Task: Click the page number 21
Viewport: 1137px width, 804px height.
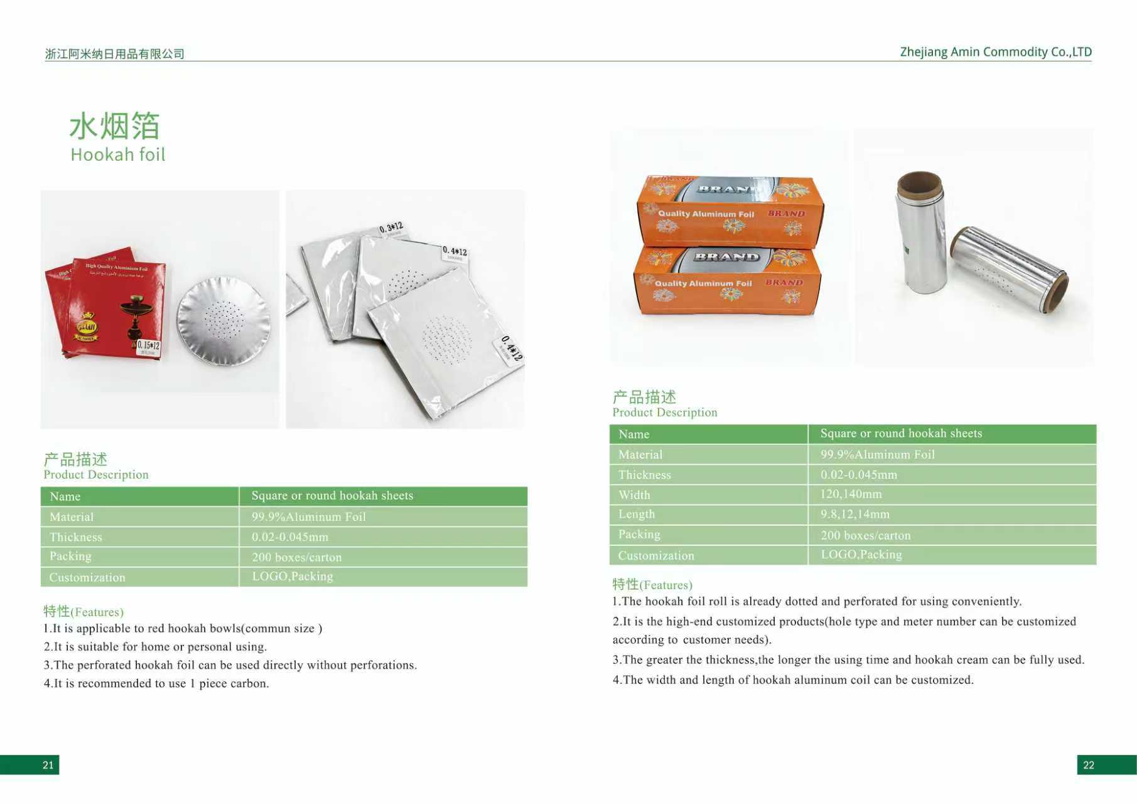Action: coord(48,764)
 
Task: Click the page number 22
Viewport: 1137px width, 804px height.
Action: coord(1088,764)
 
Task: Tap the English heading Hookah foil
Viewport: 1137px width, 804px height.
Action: coord(117,155)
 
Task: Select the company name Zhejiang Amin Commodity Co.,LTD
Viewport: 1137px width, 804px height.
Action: coord(996,52)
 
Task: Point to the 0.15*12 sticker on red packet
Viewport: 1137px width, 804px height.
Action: coord(149,347)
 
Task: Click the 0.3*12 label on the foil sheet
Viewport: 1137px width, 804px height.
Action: coord(391,229)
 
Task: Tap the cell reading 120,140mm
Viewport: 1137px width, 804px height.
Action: coord(851,494)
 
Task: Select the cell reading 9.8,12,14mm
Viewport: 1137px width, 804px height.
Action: coord(854,514)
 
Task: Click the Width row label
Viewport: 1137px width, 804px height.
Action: coord(634,495)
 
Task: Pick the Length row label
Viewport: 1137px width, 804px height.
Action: coord(636,514)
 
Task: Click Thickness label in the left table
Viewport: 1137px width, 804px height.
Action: coord(75,537)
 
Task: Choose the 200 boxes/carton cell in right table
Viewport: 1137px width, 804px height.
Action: coord(865,535)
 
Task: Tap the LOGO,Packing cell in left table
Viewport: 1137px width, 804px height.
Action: coord(292,577)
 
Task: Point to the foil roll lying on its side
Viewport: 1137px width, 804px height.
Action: coord(1008,268)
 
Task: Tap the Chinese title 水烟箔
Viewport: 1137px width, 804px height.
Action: coord(114,127)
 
